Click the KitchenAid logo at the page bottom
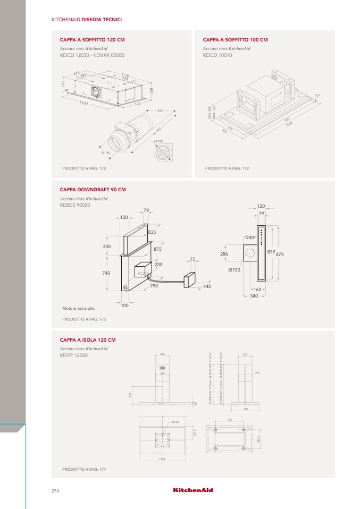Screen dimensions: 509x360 point(193,490)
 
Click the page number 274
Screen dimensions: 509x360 point(55,490)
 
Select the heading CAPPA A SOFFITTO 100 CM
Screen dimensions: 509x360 point(235,40)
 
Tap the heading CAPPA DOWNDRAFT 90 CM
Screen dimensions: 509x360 point(94,190)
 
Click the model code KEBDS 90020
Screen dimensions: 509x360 point(75,205)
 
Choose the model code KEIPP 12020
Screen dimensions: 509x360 point(74,355)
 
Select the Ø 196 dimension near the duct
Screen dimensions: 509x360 point(105,153)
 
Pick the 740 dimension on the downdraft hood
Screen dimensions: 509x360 point(106,273)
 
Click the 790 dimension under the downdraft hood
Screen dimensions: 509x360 point(154,286)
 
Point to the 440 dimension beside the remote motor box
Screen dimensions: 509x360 point(207,286)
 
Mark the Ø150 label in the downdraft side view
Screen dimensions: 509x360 point(234,270)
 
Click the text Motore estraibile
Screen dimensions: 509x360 point(78,308)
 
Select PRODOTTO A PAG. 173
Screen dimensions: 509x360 point(84,319)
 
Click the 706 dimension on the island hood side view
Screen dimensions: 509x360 point(246,409)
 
